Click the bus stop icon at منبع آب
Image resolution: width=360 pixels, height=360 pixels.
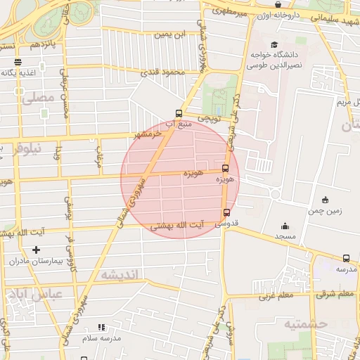[179, 113]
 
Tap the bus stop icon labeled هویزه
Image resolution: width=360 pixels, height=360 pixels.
[225, 168]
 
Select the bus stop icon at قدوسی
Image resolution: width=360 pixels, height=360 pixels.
[226, 212]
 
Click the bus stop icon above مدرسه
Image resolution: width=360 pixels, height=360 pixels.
[346, 258]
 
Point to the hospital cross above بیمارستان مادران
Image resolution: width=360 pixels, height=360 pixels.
[37, 250]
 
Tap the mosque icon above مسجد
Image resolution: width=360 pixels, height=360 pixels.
[285, 226]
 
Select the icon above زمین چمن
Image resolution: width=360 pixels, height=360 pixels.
[324, 200]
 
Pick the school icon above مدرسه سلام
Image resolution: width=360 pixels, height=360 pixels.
[101, 327]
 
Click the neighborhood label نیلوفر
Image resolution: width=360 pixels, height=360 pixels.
[27, 148]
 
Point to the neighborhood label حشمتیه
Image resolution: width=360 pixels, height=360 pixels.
[307, 323]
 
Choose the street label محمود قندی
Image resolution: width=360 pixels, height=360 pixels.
[162, 72]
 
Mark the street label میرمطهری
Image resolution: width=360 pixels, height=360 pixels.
[232, 12]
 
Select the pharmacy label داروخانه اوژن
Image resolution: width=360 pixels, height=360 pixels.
[296, 15]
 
